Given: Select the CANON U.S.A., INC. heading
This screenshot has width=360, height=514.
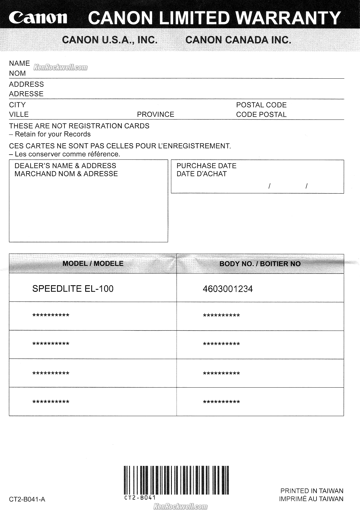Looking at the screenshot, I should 109,40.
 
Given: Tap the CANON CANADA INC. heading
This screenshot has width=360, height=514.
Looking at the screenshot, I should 238,40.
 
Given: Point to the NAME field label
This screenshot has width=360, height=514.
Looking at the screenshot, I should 19,63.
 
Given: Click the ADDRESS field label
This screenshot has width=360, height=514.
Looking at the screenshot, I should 26,84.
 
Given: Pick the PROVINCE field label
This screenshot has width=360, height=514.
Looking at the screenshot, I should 155,114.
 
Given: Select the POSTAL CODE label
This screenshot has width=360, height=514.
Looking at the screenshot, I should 261,105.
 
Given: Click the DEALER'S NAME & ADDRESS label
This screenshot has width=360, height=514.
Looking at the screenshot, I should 65,166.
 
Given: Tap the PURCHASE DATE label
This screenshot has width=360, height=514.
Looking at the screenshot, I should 206,166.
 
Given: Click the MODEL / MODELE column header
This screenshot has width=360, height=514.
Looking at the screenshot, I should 93,264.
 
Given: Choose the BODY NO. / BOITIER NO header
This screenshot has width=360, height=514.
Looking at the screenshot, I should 260,264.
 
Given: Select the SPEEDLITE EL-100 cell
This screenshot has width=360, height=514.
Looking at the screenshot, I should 73,289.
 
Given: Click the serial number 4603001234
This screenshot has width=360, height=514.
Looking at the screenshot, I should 228,289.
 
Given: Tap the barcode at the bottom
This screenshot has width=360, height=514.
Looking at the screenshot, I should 176,480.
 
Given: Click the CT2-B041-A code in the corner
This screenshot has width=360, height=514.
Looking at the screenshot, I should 27,499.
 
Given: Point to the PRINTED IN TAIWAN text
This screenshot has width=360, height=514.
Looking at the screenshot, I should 312,491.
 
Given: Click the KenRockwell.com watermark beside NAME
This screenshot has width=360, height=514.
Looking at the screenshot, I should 60,67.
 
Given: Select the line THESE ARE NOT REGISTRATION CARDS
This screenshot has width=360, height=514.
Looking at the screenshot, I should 79,126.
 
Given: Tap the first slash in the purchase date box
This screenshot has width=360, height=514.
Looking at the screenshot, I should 269,186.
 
